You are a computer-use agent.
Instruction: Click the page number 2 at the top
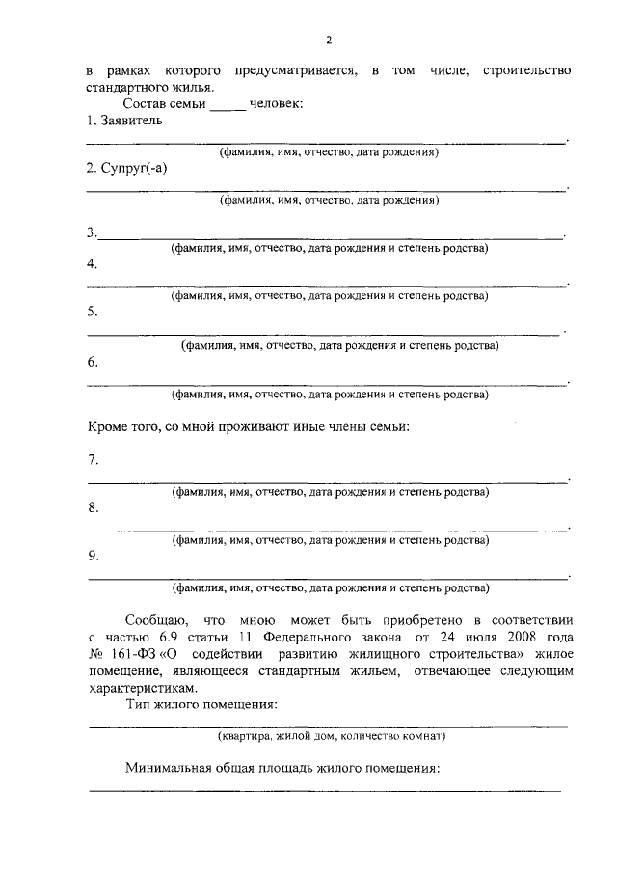pyautogui.click(x=328, y=40)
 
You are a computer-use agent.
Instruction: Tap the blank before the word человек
pyautogui.click(x=228, y=104)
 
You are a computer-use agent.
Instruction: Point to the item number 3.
pyautogui.click(x=91, y=232)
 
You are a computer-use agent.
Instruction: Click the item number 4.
pyautogui.click(x=91, y=264)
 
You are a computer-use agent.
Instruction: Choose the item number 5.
pyautogui.click(x=91, y=313)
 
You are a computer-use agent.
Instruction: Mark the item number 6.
pyautogui.click(x=91, y=362)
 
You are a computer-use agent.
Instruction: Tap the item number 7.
pyautogui.click(x=91, y=459)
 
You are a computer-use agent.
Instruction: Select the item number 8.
pyautogui.click(x=91, y=507)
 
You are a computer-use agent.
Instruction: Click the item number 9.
pyautogui.click(x=91, y=557)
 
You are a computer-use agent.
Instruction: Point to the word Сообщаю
pyautogui.click(x=151, y=620)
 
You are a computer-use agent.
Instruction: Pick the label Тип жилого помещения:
pyautogui.click(x=201, y=705)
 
